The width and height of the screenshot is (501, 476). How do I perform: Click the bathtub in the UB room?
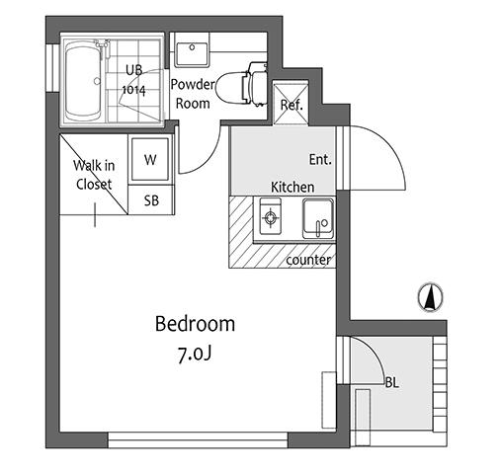pos(83,81)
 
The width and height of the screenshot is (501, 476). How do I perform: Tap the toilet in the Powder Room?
pos(242,85)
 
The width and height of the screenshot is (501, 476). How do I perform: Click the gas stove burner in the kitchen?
pos(271,217)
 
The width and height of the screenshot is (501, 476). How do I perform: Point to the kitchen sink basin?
pos(318,218)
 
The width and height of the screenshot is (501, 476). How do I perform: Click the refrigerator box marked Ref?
pos(292,104)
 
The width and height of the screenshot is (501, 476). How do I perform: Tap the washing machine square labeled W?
pos(150,160)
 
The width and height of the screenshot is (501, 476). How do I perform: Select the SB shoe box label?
pos(151,200)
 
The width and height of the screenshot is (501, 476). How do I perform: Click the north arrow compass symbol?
pos(431,297)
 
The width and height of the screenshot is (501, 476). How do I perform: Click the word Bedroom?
pos(195,324)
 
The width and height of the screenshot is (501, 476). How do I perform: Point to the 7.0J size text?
pos(195,355)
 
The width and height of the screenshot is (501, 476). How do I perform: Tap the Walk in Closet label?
pos(94,175)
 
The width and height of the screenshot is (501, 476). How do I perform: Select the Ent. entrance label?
pos(320,160)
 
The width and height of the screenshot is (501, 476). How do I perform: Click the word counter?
pos(308,260)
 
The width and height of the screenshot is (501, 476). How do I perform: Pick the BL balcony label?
pos(392,383)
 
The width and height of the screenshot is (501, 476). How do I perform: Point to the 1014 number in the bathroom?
pos(133,90)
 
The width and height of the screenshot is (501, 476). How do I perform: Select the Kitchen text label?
pos(292,187)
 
